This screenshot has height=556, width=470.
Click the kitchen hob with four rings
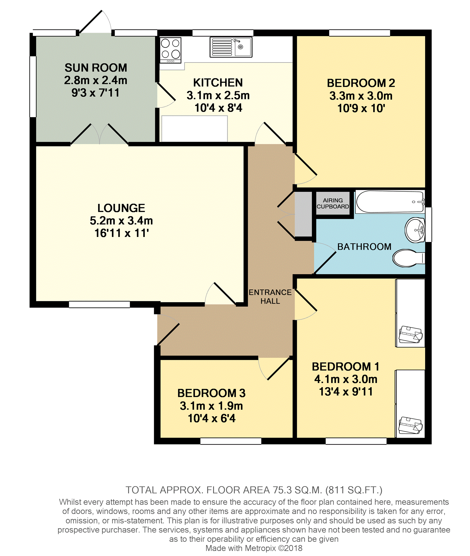pyautogui.click(x=170, y=50)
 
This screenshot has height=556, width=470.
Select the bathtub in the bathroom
pyautogui.click(x=389, y=202)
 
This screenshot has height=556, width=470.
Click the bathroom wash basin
pyautogui.click(x=415, y=230)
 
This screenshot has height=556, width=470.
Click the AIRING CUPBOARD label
pyautogui.click(x=333, y=203)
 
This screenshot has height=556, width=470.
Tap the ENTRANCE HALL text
pyautogui.click(x=270, y=297)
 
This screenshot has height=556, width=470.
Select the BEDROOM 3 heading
pyautogui.click(x=211, y=393)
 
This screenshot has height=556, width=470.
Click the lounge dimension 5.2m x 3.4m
pyautogui.click(x=121, y=221)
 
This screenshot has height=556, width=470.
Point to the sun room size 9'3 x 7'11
pyautogui.click(x=95, y=93)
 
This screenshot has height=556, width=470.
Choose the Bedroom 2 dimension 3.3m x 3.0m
pyautogui.click(x=361, y=96)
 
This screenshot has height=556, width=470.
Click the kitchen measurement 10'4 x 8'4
pyautogui.click(x=218, y=108)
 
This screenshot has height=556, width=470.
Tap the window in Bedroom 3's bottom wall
pyautogui.click(x=231, y=441)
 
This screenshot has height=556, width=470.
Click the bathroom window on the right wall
pyautogui.click(x=428, y=225)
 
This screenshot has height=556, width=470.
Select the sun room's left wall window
pyautogui.click(x=32, y=86)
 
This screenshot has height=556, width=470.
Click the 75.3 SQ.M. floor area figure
pyautogui.click(x=297, y=490)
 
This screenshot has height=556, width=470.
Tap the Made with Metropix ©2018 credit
pyautogui.click(x=254, y=548)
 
